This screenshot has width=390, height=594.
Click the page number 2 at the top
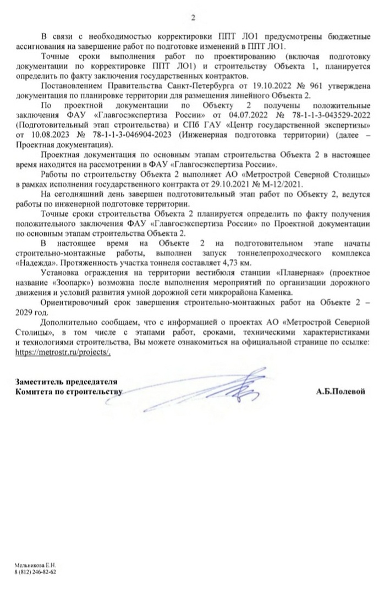coord(193,17)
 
